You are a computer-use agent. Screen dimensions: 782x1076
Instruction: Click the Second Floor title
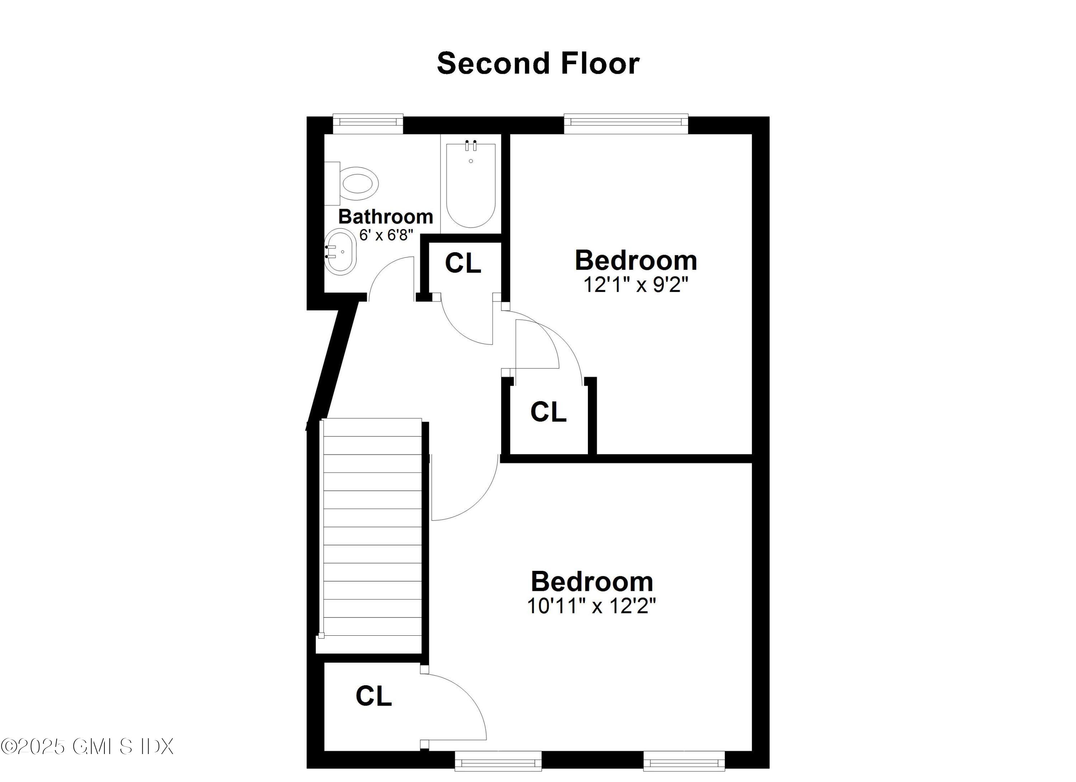(538, 63)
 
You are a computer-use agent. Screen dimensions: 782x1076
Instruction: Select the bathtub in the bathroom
(471, 185)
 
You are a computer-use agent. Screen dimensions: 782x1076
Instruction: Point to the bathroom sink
(340, 252)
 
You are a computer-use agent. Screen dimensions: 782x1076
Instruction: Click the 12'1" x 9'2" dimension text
(635, 285)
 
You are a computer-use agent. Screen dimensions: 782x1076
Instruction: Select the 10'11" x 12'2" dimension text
(591, 606)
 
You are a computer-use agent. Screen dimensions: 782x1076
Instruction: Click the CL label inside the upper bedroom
(548, 412)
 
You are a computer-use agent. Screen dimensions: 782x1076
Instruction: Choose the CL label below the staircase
(373, 696)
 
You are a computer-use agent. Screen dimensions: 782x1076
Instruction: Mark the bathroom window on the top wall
(368, 123)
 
